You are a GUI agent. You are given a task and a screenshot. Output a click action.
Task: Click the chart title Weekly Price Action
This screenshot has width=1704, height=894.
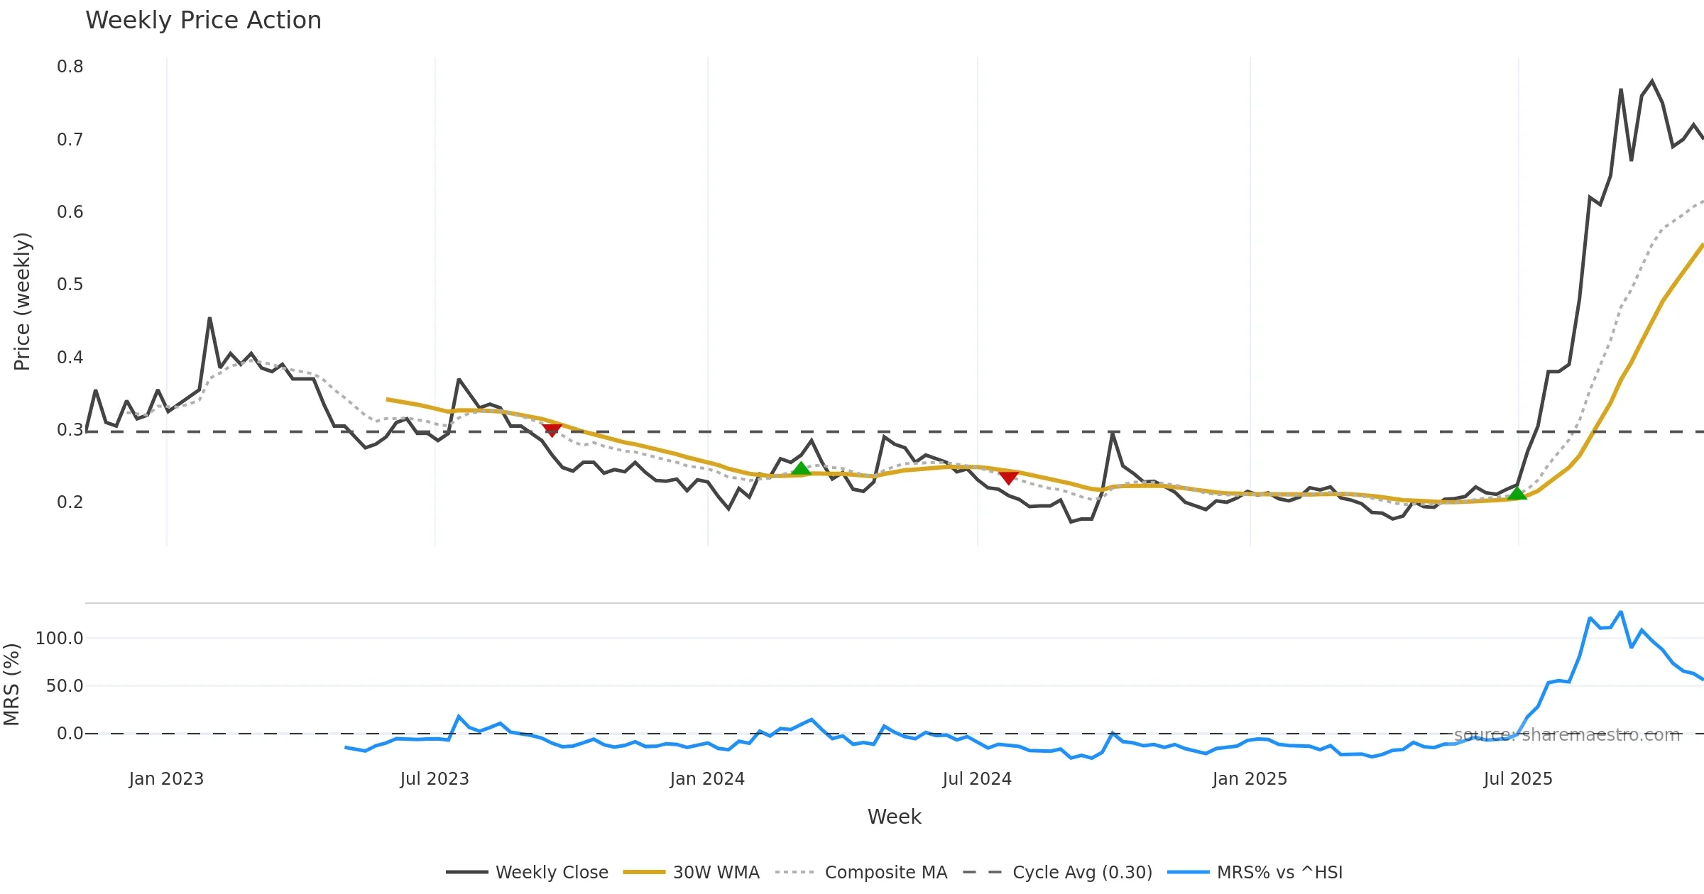point(203,21)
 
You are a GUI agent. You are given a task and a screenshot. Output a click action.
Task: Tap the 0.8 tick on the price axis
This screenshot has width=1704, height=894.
point(70,67)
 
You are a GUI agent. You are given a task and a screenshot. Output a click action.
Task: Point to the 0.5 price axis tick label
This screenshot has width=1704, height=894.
point(70,285)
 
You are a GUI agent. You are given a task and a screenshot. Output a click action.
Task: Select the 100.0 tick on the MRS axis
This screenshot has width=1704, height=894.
point(60,639)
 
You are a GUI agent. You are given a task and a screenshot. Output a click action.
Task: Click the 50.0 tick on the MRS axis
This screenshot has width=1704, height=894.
point(65,686)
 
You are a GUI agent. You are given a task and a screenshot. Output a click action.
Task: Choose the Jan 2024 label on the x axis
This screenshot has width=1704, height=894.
point(707,779)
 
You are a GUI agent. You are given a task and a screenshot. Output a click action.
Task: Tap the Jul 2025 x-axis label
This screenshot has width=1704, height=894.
point(1518,779)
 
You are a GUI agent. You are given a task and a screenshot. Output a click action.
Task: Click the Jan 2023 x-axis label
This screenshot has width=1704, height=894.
point(166,779)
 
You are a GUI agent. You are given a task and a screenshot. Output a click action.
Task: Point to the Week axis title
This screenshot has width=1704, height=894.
point(894,817)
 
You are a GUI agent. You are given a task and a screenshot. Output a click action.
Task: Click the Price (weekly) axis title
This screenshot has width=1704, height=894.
point(22,302)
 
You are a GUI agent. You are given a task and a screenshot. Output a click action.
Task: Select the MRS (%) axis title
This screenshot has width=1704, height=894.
point(11,685)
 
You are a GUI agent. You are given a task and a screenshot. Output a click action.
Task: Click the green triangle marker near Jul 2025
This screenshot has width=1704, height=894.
point(1517,493)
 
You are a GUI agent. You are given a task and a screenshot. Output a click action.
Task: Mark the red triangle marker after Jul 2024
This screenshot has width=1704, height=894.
point(1008,478)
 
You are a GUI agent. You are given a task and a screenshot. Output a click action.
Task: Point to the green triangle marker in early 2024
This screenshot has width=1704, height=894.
point(801,468)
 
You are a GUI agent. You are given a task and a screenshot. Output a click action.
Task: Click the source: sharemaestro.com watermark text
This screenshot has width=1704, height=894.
point(1567,735)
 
